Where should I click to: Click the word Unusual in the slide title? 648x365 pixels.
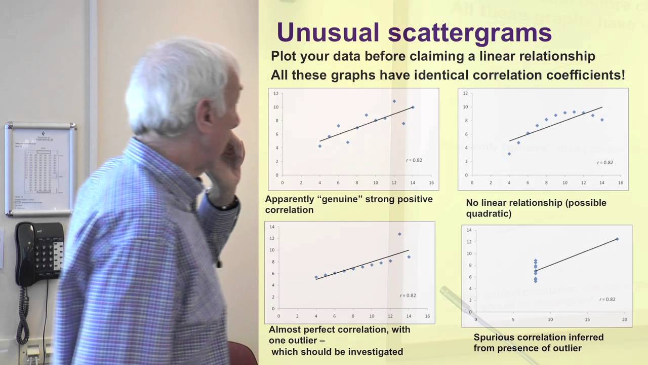328,32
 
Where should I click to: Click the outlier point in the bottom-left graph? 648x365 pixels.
399,234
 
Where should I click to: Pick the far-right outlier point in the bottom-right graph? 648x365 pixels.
617,239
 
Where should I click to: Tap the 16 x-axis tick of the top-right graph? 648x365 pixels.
621,182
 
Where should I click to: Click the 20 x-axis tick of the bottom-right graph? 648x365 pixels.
625,320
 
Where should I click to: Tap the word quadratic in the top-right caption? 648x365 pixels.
487,214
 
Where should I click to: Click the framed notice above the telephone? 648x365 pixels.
40,168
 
